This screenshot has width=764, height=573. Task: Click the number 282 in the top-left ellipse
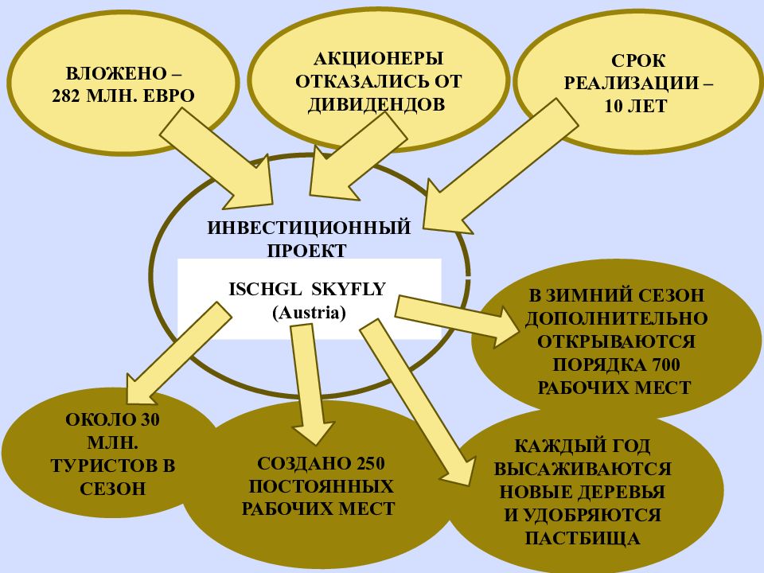[66, 95]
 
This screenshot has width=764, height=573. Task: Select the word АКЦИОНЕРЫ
[379, 58]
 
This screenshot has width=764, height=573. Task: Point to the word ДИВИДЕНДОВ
[376, 104]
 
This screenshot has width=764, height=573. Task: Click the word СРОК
[637, 61]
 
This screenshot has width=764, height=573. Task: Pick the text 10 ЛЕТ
[635, 106]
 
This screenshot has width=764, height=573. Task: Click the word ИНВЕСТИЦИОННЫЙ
[310, 228]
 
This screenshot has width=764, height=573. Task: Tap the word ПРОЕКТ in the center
[307, 251]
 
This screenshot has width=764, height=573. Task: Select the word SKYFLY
[349, 290]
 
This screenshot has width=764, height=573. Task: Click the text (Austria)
[309, 312]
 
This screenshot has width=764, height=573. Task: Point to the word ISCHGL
[266, 290]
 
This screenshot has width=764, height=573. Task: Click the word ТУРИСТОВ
[113, 466]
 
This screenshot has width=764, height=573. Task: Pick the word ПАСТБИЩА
[583, 539]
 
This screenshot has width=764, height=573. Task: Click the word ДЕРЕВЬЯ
[625, 492]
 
